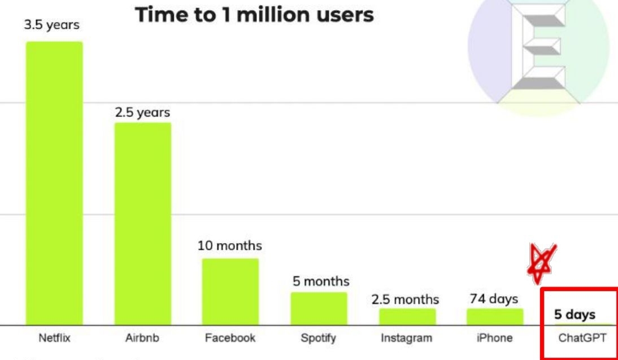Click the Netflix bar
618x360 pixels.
[54, 183]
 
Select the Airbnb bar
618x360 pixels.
[143, 223]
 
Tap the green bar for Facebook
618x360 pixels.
[230, 292]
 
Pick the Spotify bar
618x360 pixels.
[319, 309]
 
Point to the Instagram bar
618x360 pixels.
[407, 316]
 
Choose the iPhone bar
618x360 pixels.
[495, 316]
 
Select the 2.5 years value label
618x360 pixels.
[142, 112]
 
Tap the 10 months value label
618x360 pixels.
[230, 246]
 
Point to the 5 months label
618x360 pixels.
[321, 281]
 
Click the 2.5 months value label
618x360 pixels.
[405, 299]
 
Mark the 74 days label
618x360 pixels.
[495, 298]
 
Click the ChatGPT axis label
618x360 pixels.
[582, 339]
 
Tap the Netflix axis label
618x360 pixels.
[54, 339]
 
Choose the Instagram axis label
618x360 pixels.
[407, 339]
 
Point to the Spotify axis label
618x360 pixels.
[319, 339]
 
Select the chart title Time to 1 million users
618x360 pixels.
[254, 15]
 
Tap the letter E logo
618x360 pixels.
[538, 48]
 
